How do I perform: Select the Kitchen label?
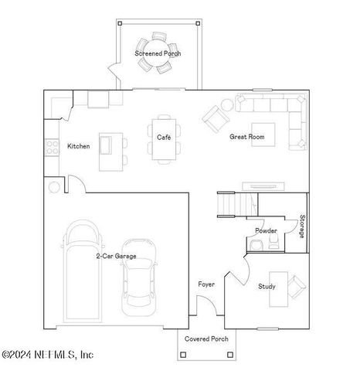[x=78, y=146]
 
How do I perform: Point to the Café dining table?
[x=164, y=140]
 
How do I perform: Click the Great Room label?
[x=247, y=137]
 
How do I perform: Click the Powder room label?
[x=266, y=230]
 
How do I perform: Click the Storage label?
[x=302, y=226]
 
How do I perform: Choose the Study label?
[x=267, y=287]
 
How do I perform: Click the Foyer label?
[x=205, y=284]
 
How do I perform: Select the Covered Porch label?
[x=206, y=339]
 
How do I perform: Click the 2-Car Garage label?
[x=116, y=255]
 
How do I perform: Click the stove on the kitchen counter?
[x=53, y=146]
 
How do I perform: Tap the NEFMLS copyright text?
[x=47, y=355]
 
